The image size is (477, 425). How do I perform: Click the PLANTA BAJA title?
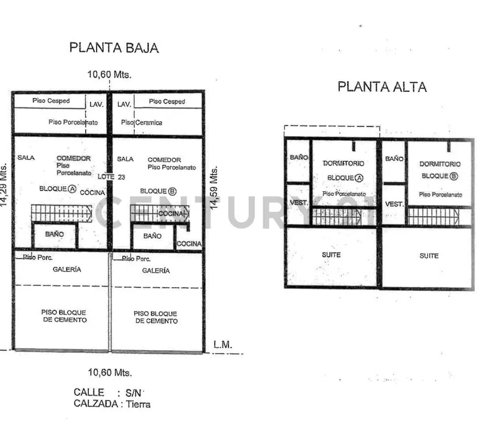tap(114, 48)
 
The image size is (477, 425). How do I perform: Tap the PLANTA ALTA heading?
tap(382, 87)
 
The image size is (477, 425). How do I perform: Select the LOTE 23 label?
tap(111, 177)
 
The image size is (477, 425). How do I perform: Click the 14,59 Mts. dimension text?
tap(214, 187)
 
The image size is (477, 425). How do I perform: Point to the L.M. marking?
tap(222, 344)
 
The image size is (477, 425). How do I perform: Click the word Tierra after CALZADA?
tap(138, 404)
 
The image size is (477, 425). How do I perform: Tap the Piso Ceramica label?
tap(141, 122)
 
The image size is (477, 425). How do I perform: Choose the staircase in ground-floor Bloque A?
tap(61, 213)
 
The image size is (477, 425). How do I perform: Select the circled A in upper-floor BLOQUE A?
tap(360, 178)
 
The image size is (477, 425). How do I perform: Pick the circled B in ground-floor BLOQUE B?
tap(172, 191)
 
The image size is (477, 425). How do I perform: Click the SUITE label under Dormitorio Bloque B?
tap(429, 255)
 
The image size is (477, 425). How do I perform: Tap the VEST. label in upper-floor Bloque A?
tap(299, 202)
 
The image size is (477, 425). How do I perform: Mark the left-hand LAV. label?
tap(97, 104)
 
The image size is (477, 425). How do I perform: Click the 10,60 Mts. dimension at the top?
tap(110, 74)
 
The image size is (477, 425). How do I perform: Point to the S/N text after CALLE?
tap(133, 393)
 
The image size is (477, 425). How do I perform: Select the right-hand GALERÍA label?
tap(156, 270)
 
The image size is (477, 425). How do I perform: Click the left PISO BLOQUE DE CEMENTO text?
tap(64, 316)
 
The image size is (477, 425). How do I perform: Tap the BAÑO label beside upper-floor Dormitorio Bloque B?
tap(394, 159)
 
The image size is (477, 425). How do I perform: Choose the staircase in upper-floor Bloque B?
tap(434, 216)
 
